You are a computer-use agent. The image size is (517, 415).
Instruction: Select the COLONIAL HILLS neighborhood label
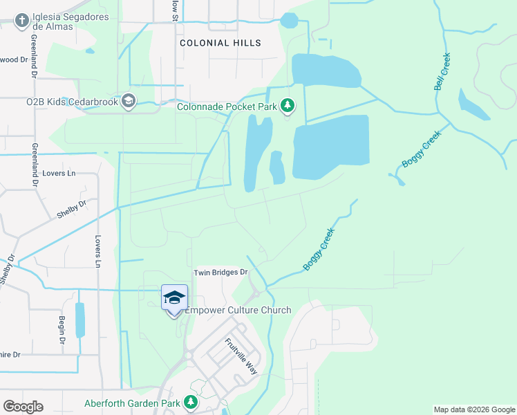pyautogui.click(x=220, y=43)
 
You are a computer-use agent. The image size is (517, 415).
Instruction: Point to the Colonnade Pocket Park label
pyautogui.click(x=226, y=107)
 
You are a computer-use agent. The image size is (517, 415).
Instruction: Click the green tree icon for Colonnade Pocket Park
pyautogui.click(x=288, y=107)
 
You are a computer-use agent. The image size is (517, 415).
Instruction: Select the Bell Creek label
pyautogui.click(x=442, y=71)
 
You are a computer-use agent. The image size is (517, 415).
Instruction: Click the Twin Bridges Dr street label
pyautogui.click(x=220, y=273)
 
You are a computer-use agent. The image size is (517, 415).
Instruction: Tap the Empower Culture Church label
pyautogui.click(x=237, y=310)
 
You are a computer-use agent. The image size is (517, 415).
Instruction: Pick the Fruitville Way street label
pyautogui.click(x=241, y=356)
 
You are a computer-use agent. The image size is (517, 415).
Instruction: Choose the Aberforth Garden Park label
pyautogui.click(x=131, y=403)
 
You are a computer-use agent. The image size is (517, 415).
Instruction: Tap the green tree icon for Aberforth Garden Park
pyautogui.click(x=191, y=403)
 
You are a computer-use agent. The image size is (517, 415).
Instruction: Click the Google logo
pyautogui.click(x=23, y=407)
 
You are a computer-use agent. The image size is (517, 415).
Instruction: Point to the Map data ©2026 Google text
pyautogui.click(x=474, y=409)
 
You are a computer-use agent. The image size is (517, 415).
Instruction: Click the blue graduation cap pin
pyautogui.click(x=174, y=297)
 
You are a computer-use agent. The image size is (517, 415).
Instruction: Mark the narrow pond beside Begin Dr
pyautogui.click(x=79, y=320)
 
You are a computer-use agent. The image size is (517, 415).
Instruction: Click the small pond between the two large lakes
pyautogui.click(x=277, y=167)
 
